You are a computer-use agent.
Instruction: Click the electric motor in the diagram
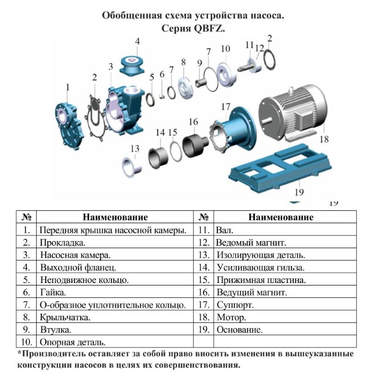(x=293, y=113)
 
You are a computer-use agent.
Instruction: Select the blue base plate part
(x=280, y=169)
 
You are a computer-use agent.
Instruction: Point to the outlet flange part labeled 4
(x=132, y=66)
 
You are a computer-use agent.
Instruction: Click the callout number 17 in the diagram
(x=226, y=107)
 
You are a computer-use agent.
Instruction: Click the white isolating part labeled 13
(x=132, y=167)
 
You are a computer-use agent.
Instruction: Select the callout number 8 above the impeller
(x=184, y=62)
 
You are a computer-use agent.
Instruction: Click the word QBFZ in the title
(x=209, y=28)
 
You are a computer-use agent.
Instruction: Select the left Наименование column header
(x=115, y=217)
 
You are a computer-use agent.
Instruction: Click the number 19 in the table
(x=204, y=330)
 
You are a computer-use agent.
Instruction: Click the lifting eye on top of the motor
(x=291, y=89)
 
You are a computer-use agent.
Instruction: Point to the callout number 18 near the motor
(x=324, y=139)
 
